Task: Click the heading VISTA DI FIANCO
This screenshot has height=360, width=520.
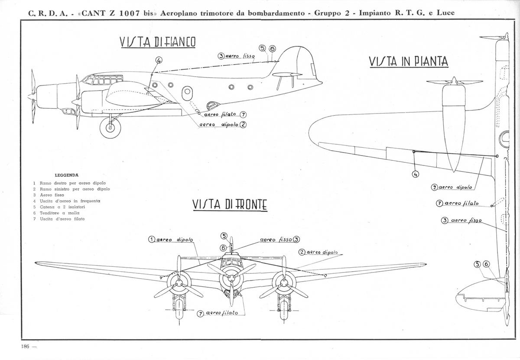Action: [x=158, y=42]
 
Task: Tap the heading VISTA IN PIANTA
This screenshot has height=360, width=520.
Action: [x=409, y=62]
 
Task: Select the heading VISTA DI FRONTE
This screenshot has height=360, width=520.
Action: [x=230, y=205]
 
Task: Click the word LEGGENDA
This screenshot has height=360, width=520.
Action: [x=66, y=175]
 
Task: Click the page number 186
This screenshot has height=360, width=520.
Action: [x=25, y=347]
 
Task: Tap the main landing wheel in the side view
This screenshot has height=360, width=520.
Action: [x=110, y=127]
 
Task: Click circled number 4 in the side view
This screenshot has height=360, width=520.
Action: [x=159, y=60]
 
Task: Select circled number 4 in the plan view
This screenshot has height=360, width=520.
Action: [x=415, y=174]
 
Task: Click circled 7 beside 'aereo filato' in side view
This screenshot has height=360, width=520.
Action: [x=243, y=115]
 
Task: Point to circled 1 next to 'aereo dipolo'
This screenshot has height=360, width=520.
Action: [x=152, y=239]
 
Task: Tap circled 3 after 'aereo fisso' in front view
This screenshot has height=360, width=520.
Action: [x=296, y=239]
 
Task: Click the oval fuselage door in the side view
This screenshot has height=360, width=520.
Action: [x=187, y=93]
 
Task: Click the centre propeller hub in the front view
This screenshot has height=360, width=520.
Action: [x=231, y=278]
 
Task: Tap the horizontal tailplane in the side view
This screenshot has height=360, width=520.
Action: [x=287, y=75]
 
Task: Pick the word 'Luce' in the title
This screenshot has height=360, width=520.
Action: [x=446, y=13]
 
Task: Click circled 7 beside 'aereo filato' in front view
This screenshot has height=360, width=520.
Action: [x=200, y=314]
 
